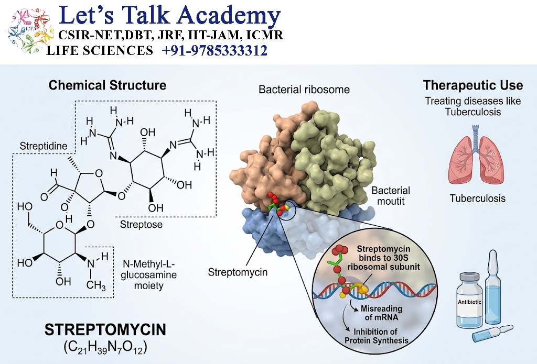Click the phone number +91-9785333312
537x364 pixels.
[214, 51]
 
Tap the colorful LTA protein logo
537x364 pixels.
[30, 31]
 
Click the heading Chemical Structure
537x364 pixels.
[107, 85]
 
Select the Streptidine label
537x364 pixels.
[44, 146]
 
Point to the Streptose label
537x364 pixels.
[141, 224]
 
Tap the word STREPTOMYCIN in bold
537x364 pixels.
[105, 329]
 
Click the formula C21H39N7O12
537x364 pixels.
[105, 347]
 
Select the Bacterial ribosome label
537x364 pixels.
[304, 90]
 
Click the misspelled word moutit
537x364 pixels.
[391, 201]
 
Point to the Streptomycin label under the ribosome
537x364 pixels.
[238, 272]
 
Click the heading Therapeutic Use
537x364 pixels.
[473, 85]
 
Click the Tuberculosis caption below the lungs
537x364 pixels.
[477, 198]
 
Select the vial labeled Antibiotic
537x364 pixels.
[469, 300]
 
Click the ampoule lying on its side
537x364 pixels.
[492, 332]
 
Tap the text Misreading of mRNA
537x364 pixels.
[381, 313]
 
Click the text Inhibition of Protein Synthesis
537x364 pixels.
[376, 336]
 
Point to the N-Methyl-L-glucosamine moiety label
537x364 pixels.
[148, 275]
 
